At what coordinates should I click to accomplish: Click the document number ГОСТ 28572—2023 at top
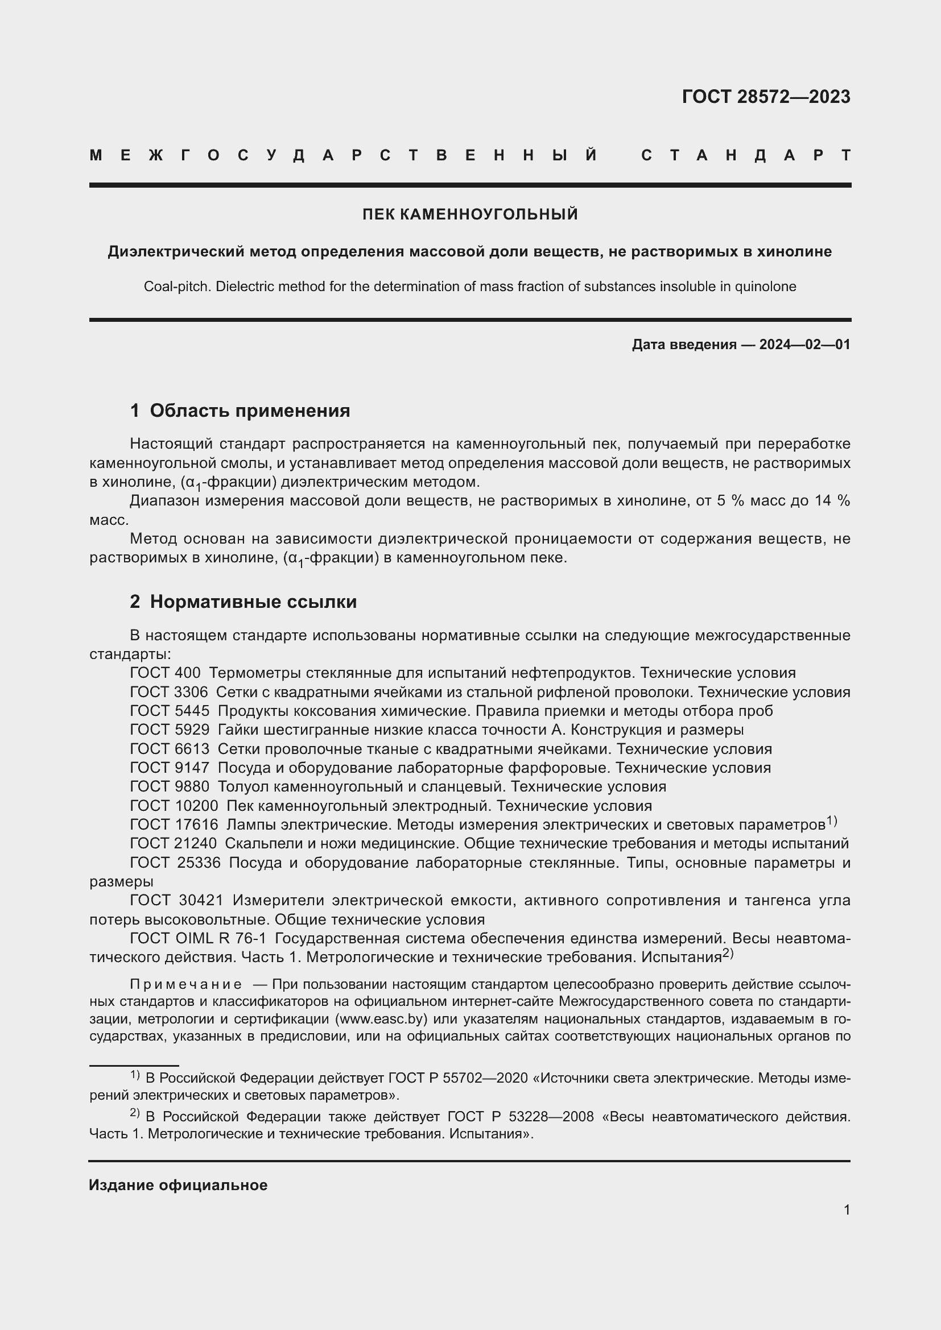[x=765, y=97]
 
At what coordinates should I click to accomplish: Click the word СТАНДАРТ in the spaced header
[x=746, y=155]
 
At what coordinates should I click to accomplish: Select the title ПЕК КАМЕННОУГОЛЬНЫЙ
[x=470, y=214]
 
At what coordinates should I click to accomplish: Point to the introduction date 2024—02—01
[x=804, y=345]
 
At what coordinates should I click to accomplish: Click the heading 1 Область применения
[x=240, y=411]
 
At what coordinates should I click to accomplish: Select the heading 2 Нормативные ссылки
[x=243, y=602]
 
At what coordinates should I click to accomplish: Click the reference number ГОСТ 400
[x=165, y=673]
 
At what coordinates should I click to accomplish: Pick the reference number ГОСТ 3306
[x=168, y=692]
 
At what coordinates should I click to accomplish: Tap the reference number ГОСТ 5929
[x=169, y=730]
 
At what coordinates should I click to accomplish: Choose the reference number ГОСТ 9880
[x=169, y=786]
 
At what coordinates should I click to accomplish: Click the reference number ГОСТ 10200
[x=174, y=806]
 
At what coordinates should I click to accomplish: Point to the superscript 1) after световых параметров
[x=832, y=821]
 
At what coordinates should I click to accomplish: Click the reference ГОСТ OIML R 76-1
[x=197, y=938]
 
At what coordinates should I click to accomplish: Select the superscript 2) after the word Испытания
[x=728, y=954]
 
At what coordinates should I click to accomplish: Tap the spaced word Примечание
[x=186, y=985]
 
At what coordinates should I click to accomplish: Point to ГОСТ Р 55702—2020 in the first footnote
[x=458, y=1078]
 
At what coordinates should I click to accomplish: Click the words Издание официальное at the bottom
[x=178, y=1186]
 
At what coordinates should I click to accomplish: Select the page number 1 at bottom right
[x=847, y=1210]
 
